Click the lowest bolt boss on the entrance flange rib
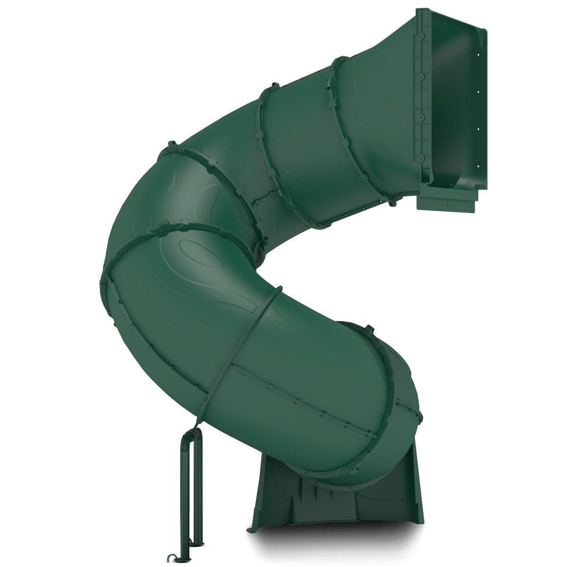[419, 159]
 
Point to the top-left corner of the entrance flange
[416, 10]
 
